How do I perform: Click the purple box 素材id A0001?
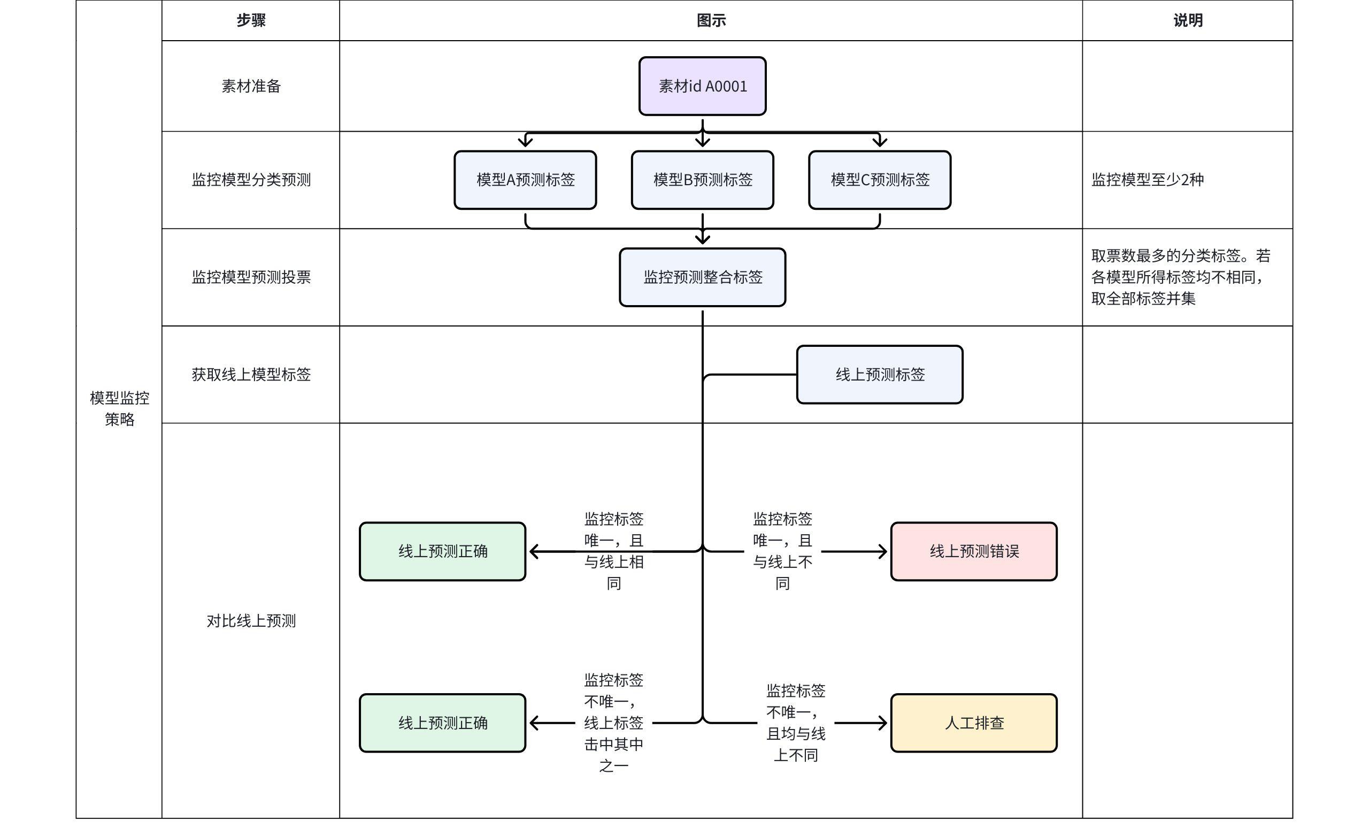click(x=702, y=86)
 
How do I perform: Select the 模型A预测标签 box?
click(x=525, y=179)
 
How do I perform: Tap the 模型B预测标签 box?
click(x=702, y=179)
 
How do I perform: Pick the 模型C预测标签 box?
click(x=880, y=179)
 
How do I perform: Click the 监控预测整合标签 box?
click(x=702, y=277)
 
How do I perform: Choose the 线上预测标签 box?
click(x=880, y=374)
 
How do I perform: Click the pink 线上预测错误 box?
click(x=973, y=551)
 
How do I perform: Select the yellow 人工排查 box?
click(x=973, y=723)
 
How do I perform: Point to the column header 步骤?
click(x=251, y=20)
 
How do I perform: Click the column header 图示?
click(x=711, y=20)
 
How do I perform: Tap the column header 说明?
click(x=1187, y=20)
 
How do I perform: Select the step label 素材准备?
click(x=251, y=86)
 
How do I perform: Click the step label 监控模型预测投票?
click(x=251, y=277)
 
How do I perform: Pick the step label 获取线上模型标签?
click(x=251, y=374)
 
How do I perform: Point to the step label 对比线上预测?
click(x=251, y=620)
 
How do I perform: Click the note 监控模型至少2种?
click(x=1147, y=179)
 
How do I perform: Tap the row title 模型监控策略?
click(x=119, y=408)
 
